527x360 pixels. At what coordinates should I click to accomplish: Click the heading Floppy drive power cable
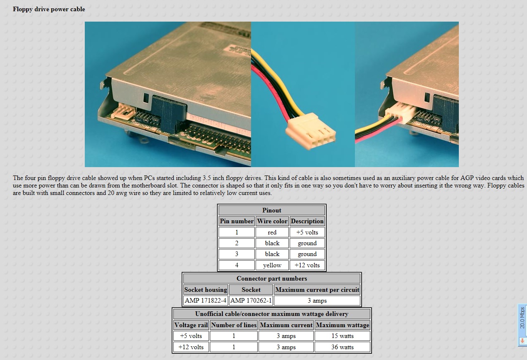coord(49,9)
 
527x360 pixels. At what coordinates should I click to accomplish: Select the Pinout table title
coord(272,210)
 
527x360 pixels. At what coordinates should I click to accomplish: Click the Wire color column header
coord(272,221)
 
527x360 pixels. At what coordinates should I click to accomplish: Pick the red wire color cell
coord(272,232)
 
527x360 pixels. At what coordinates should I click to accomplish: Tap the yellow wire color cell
coord(272,265)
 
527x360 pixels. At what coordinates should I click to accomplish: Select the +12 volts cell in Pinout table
coord(307,265)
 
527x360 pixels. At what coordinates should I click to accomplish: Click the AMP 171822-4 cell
coord(205,301)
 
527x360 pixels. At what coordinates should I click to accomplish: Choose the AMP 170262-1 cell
coord(251,301)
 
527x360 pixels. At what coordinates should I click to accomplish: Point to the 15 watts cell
coord(342,336)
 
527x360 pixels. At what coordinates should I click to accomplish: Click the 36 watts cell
coord(342,347)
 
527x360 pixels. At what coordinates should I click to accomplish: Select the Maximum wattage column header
coord(342,325)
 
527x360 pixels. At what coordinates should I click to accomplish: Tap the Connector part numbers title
coord(272,279)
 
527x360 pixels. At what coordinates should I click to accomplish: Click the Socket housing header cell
coord(205,290)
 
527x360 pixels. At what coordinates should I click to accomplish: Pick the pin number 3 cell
coord(236,254)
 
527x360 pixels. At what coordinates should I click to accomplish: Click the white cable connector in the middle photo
coord(310,132)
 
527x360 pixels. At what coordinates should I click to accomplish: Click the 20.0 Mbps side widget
coord(522,325)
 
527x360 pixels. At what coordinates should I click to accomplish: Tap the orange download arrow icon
coord(522,341)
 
